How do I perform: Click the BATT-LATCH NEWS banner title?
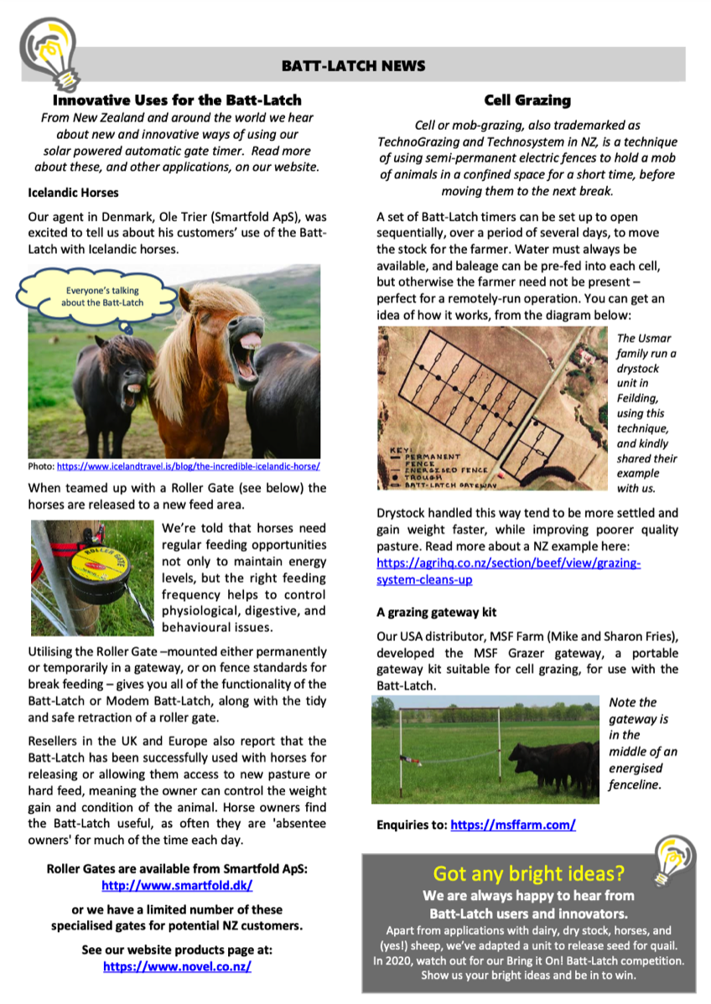coord(353,65)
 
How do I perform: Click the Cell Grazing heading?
coord(527,101)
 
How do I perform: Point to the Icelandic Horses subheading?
coord(73,193)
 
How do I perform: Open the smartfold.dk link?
coord(176,885)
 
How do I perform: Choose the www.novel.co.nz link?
coord(177,965)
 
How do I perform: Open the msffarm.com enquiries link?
coord(513,825)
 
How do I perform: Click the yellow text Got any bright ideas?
coord(528,874)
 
